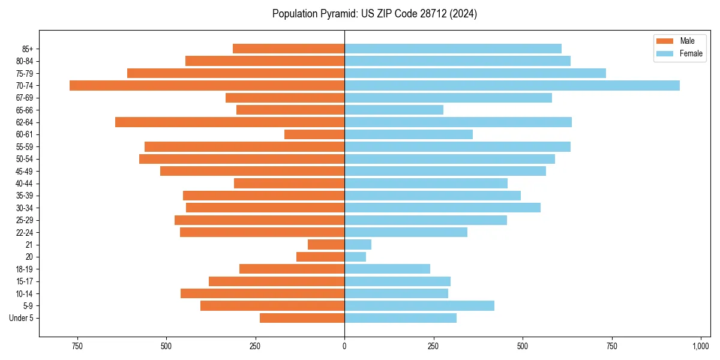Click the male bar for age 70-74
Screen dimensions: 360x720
pos(207,85)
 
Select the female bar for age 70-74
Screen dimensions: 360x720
pos(512,85)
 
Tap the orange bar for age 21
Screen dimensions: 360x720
pos(326,245)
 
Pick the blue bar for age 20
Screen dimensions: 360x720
pos(355,257)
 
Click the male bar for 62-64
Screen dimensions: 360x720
pos(230,122)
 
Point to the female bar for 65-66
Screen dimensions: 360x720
pos(394,110)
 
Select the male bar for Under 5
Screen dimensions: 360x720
pos(302,318)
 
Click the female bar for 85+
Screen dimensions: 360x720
pos(453,49)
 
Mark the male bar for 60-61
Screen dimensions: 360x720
pos(314,134)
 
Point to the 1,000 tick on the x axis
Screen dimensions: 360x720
pos(700,346)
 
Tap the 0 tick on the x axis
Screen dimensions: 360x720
pos(344,346)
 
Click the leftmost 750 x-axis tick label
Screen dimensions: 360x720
pos(77,346)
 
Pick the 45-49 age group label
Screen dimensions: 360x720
pos(25,171)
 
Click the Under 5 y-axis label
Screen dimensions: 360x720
pos(22,318)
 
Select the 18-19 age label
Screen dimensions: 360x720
pos(25,269)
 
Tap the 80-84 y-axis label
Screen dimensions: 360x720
pos(25,61)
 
